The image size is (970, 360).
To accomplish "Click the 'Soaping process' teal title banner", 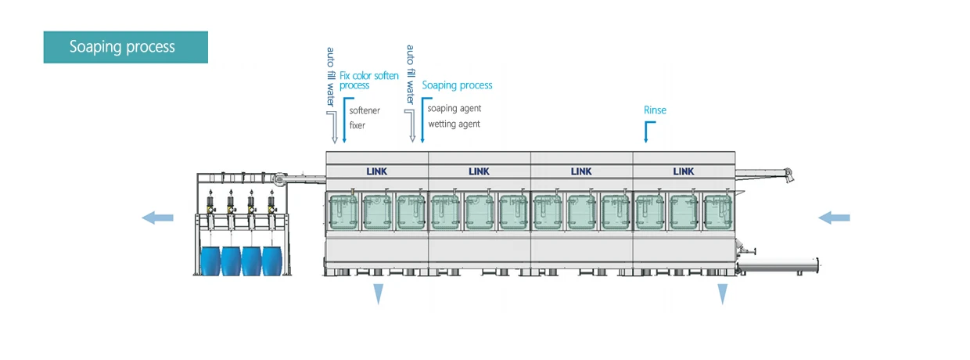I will click(x=125, y=47).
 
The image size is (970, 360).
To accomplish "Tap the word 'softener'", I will click(x=365, y=111).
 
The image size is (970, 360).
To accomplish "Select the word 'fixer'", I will click(x=357, y=125).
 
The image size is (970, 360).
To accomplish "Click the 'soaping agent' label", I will click(x=454, y=109).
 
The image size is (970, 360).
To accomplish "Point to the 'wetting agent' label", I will click(x=454, y=124).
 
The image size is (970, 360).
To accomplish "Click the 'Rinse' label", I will click(x=655, y=110).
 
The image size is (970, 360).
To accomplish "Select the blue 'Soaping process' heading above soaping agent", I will click(x=458, y=85).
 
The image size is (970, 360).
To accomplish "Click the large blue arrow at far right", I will click(x=834, y=218).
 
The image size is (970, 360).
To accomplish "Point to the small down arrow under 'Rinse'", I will click(x=645, y=134).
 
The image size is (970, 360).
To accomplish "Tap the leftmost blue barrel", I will click(x=210, y=261).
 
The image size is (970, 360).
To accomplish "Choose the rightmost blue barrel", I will click(x=271, y=261).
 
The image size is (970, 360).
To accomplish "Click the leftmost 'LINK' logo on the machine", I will click(x=377, y=171).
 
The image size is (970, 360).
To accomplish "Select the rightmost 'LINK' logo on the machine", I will click(x=684, y=171).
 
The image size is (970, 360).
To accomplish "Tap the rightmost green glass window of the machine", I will click(x=718, y=212).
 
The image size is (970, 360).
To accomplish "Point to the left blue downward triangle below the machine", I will click(x=379, y=293).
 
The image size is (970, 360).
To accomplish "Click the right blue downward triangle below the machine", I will click(x=723, y=293).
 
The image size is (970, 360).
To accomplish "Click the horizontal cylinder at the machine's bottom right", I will click(x=779, y=265).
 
